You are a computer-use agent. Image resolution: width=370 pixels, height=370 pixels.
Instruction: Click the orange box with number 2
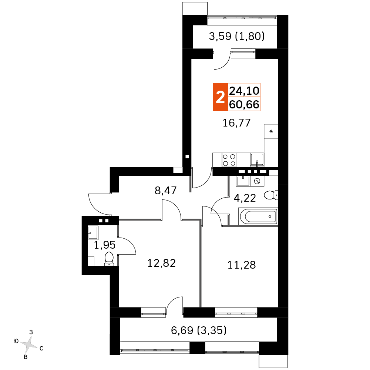[x=221, y=97]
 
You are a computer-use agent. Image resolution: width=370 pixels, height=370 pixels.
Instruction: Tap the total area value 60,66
[x=244, y=104]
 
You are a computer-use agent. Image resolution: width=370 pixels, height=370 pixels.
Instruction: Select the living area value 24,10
[x=244, y=91]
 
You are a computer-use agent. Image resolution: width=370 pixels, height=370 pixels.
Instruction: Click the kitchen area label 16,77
[x=236, y=123]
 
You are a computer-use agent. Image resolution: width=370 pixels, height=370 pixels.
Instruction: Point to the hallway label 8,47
[x=165, y=191]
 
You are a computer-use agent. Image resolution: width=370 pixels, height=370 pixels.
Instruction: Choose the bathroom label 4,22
[x=245, y=198]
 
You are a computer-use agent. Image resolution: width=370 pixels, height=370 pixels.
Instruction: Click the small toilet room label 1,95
[x=105, y=245]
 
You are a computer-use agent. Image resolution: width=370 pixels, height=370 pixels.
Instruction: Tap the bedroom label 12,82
[x=161, y=263]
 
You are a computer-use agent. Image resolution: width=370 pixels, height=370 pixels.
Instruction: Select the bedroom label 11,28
[x=241, y=265]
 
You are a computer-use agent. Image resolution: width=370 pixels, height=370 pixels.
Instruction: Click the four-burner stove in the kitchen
[x=229, y=160]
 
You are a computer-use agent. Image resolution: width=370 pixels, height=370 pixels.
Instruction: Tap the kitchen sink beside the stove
[x=257, y=160]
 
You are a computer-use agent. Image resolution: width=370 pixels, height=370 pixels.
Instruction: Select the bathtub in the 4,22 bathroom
[x=258, y=216]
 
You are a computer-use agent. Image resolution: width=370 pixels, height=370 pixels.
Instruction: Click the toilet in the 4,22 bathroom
[x=271, y=195]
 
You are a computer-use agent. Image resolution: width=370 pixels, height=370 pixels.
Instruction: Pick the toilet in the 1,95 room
[x=109, y=259]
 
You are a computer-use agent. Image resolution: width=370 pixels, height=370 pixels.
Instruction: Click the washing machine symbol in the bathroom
[x=257, y=181]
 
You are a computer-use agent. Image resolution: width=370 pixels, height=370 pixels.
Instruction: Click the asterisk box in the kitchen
[x=271, y=131]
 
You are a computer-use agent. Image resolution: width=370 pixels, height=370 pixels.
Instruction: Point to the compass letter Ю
[x=16, y=341]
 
